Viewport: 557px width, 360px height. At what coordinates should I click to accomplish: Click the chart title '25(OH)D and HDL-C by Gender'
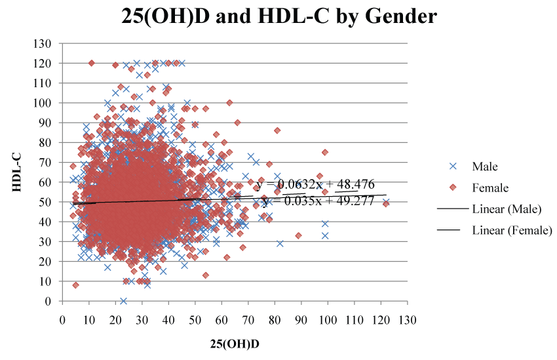pyautogui.click(x=279, y=16)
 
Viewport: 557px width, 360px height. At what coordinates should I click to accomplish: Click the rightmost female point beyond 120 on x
pyautogui.click(x=386, y=203)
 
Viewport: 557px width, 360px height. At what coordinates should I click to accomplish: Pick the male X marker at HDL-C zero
pyautogui.click(x=123, y=301)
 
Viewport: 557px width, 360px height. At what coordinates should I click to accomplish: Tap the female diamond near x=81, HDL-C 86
pyautogui.click(x=277, y=130)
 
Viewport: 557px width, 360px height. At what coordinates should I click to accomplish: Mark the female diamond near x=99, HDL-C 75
pyautogui.click(x=325, y=152)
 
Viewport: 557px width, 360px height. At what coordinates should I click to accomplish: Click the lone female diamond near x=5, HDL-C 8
pyautogui.click(x=75, y=285)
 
